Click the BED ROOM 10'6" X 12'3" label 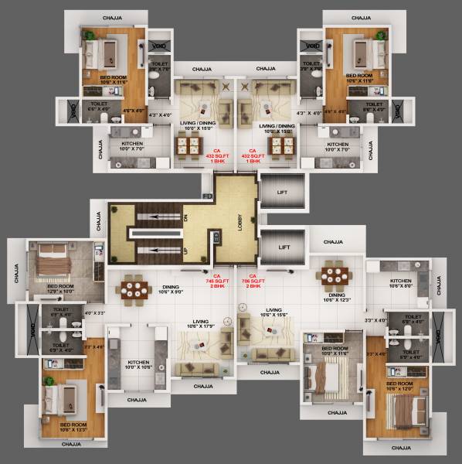(x=73, y=428)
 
